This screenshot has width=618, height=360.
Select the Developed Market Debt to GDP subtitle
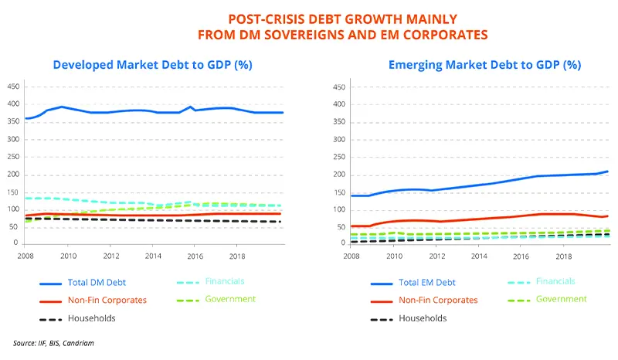[x=153, y=65]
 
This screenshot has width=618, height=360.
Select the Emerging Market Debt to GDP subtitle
[x=484, y=65]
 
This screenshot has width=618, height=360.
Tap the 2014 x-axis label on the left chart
[x=154, y=255]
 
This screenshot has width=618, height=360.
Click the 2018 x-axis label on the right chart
[x=565, y=255]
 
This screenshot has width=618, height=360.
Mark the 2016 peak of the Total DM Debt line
[x=190, y=107]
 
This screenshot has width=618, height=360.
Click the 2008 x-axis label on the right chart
[x=351, y=255]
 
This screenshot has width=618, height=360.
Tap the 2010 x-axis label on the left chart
[x=69, y=255]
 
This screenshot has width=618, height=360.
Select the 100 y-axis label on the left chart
[x=13, y=209]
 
